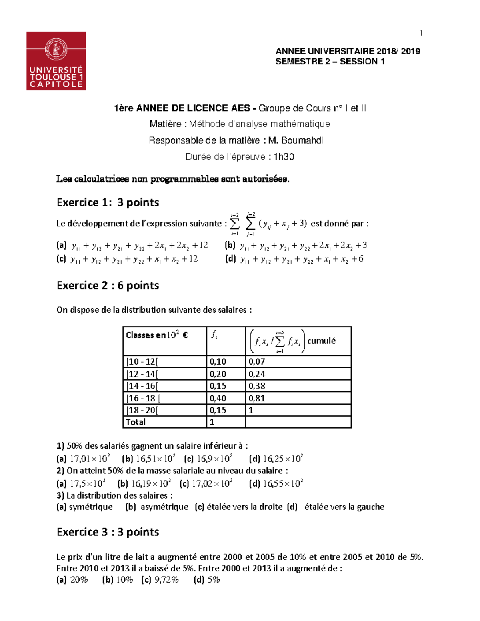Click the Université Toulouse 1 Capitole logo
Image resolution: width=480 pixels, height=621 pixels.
[x=56, y=61]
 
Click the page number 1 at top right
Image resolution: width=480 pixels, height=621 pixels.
[x=421, y=33]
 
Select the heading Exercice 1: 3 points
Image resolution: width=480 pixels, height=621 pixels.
[x=108, y=202]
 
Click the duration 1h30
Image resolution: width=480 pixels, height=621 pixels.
[x=284, y=157]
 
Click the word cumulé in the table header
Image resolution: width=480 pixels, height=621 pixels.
[x=321, y=341]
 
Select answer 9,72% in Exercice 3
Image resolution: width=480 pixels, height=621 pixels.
[x=166, y=580]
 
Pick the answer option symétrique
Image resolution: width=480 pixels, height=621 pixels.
[x=91, y=507]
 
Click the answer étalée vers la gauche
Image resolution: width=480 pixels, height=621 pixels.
[x=344, y=507]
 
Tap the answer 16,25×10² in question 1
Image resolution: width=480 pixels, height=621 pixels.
[x=282, y=459]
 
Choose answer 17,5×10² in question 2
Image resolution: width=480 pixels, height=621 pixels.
[x=87, y=483]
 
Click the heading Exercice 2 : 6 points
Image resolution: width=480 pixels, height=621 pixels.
[x=108, y=286]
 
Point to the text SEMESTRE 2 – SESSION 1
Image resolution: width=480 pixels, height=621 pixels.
[x=330, y=62]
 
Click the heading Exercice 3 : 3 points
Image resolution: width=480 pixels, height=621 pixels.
[x=108, y=532]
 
